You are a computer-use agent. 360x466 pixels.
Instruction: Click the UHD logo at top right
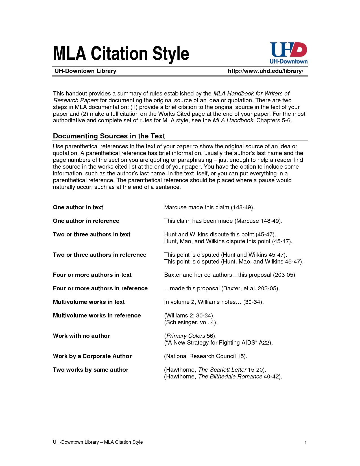coord(288,53)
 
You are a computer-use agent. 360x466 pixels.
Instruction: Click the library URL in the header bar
coord(265,71)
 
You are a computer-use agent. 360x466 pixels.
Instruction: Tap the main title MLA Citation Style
coord(121,54)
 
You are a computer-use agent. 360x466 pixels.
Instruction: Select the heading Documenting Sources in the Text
coord(109,136)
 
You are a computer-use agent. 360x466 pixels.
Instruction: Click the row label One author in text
coord(78,207)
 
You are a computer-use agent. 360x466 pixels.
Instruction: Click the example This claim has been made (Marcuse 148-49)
coord(223,221)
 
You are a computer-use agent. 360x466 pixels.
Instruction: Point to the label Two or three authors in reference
coord(99,255)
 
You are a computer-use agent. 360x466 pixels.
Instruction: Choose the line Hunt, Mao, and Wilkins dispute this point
coord(228,241)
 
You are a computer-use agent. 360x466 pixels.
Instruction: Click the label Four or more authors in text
coord(92,275)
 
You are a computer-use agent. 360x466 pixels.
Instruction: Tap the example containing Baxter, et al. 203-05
coord(222,288)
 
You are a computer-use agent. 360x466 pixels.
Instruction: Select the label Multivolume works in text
coord(89,302)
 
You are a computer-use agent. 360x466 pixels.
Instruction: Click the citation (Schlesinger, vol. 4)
coord(191,322)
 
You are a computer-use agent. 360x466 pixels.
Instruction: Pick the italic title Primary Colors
coord(186,336)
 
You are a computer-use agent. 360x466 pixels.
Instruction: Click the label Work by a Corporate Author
coord(92,356)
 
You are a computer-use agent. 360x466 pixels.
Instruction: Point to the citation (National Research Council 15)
coord(205,356)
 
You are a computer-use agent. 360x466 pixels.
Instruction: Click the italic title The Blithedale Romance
coord(230,376)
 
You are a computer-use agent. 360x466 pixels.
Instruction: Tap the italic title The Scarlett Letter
coord(222,370)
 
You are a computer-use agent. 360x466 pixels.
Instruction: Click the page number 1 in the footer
coord(306,442)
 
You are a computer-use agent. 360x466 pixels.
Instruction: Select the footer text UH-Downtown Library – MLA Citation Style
coord(98,442)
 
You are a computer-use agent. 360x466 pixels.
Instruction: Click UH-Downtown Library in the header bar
coord(85,71)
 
